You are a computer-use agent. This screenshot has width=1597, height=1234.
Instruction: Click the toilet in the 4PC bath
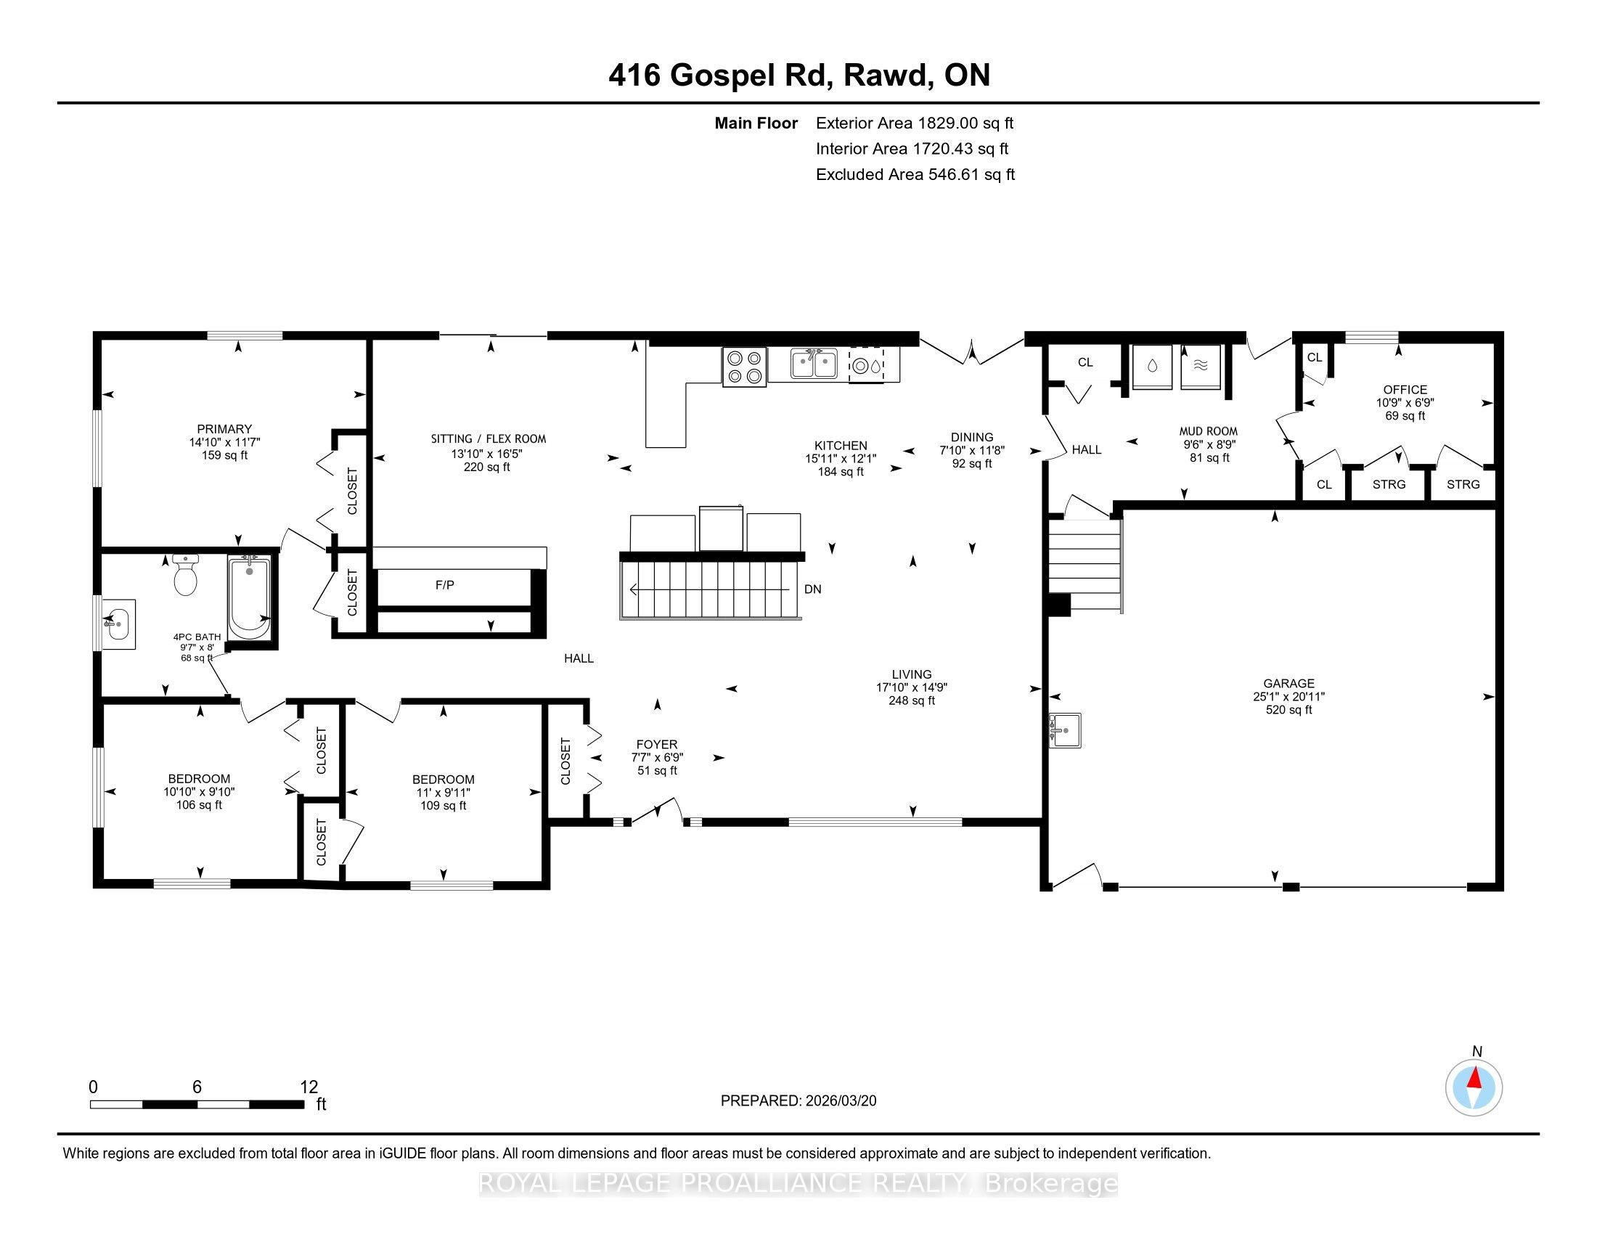186,575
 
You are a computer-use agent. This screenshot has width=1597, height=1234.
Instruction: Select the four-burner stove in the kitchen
744,367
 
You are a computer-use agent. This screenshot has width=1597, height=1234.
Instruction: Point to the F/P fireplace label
444,585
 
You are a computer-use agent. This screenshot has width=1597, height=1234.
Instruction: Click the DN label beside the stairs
812,589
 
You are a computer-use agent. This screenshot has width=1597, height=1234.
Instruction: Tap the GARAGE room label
1288,684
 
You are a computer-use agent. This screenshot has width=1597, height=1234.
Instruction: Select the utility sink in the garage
1066,730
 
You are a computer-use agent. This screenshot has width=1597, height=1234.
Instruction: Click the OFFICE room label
1405,390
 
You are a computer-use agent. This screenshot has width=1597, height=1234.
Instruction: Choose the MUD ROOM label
1208,431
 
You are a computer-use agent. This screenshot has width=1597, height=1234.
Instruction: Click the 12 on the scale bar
309,1087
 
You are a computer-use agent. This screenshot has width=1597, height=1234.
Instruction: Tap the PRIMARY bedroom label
224,429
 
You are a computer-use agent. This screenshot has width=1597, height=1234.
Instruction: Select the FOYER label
657,744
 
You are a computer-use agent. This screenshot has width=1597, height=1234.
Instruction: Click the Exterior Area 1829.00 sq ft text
915,123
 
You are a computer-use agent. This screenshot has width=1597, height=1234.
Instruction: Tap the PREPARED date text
798,1101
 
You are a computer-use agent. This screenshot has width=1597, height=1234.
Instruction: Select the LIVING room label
912,674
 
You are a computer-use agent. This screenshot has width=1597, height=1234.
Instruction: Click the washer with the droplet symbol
1152,367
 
